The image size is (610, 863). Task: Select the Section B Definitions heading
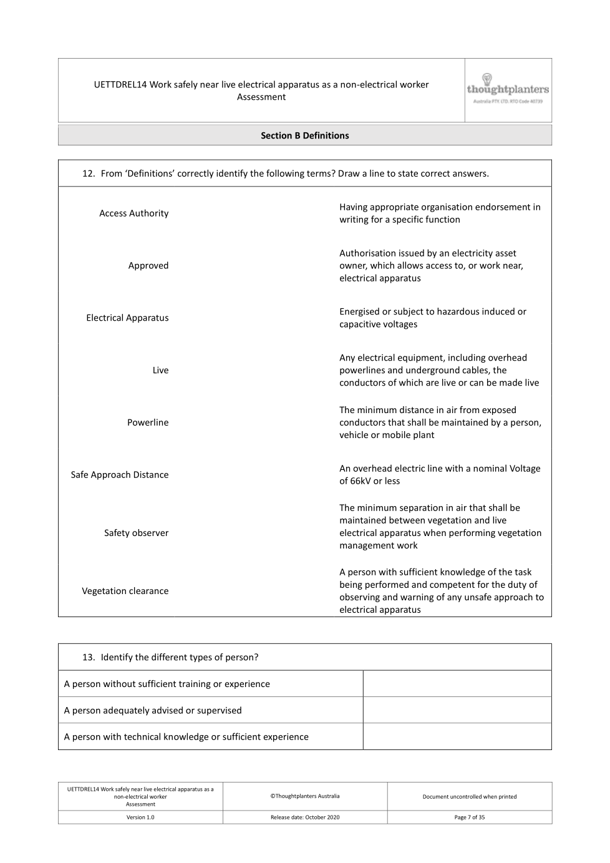[x=304, y=135]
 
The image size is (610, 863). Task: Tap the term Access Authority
[x=133, y=213]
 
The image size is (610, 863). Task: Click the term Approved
[x=148, y=266]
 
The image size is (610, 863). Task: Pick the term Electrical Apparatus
[x=127, y=318]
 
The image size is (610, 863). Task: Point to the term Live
[x=160, y=371]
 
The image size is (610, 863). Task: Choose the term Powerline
[x=148, y=422]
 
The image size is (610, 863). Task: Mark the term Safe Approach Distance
[x=119, y=475]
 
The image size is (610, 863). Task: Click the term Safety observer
[x=136, y=533]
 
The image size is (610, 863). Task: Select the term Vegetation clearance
[x=125, y=591]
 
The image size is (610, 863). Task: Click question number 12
[x=88, y=173]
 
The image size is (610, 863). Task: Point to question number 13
[x=88, y=657]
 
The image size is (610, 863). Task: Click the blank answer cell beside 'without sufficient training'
[x=457, y=684]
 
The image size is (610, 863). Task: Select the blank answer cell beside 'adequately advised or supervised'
[x=457, y=710]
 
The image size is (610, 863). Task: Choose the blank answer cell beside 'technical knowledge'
[x=457, y=736]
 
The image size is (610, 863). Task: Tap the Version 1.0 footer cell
[x=140, y=817]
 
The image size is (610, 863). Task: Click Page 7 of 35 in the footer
[x=469, y=817]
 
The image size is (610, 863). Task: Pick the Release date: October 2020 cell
[x=305, y=817]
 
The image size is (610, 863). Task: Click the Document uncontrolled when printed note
[x=469, y=797]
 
